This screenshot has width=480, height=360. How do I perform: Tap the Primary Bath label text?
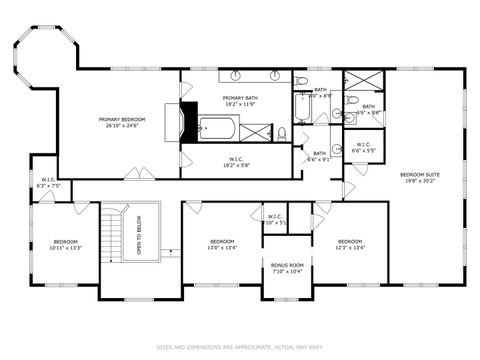pyautogui.click(x=239, y=100)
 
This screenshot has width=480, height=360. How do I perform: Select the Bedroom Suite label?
pyautogui.click(x=419, y=177)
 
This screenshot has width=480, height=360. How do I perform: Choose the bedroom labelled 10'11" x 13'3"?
pyautogui.click(x=66, y=244)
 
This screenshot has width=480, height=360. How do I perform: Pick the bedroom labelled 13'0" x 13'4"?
pyautogui.click(x=222, y=244)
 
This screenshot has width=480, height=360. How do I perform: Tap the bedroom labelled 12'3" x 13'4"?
pyautogui.click(x=349, y=244)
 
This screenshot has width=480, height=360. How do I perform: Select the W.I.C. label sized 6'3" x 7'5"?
pyautogui.click(x=49, y=183)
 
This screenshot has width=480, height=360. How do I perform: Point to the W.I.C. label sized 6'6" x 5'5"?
pyautogui.click(x=365, y=148)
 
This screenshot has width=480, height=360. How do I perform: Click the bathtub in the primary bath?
pyautogui.click(x=215, y=126)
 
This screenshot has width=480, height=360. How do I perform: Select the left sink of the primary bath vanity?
pyautogui.click(x=236, y=76)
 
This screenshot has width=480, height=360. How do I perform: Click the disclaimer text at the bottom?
pyautogui.click(x=240, y=347)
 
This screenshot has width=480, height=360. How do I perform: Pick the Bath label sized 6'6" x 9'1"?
pyautogui.click(x=319, y=157)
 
